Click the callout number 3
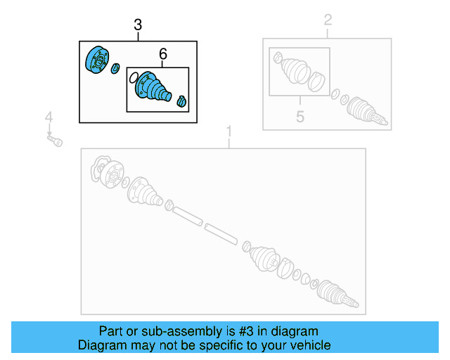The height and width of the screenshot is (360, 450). [x=138, y=26]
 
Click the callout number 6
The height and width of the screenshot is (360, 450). [x=163, y=54]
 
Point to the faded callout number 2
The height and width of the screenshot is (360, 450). [x=328, y=20]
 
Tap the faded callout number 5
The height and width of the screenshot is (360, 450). [x=300, y=116]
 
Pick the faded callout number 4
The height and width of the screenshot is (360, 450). [x=49, y=117]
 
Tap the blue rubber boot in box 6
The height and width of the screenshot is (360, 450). [x=153, y=88]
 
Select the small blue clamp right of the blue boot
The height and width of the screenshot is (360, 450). [x=181, y=101]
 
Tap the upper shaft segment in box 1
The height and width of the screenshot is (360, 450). [x=188, y=215]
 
